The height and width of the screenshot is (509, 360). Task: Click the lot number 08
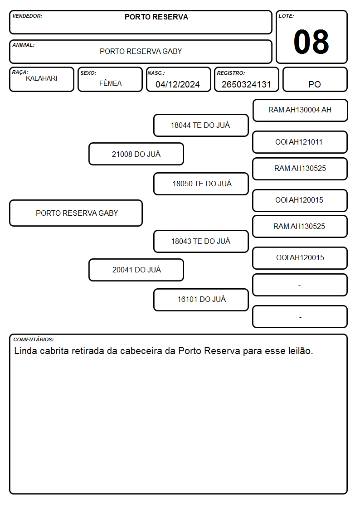(x=311, y=42)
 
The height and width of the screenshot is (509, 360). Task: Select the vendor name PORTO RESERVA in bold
(x=156, y=17)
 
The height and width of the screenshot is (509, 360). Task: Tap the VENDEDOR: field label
(x=27, y=16)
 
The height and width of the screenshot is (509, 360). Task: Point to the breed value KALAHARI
(x=42, y=78)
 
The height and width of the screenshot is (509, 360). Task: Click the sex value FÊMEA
(x=110, y=83)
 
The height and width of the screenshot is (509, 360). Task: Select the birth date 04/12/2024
(x=178, y=84)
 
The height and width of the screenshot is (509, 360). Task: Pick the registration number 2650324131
(x=246, y=84)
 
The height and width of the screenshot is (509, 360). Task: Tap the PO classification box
(x=315, y=79)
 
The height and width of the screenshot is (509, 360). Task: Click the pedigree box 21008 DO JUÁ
(x=136, y=154)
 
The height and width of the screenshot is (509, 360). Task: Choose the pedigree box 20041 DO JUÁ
(x=136, y=270)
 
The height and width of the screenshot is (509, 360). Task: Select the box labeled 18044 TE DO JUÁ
(x=201, y=125)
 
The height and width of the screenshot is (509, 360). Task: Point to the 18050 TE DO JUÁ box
(x=201, y=184)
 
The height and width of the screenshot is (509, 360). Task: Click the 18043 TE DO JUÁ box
(x=201, y=241)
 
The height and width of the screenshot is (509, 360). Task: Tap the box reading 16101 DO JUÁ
(x=201, y=300)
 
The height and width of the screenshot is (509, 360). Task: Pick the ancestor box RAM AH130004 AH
(x=300, y=111)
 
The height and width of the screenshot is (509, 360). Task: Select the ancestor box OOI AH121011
(x=300, y=142)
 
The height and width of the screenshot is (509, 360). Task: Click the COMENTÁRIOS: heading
(x=34, y=339)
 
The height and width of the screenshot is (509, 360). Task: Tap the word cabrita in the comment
(x=54, y=351)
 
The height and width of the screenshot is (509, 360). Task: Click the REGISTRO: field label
(x=231, y=73)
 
